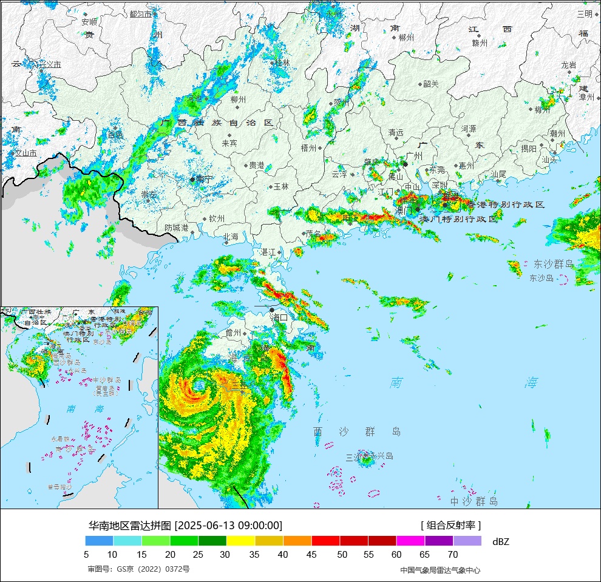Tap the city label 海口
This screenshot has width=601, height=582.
(x=279, y=317)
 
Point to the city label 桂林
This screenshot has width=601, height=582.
(x=282, y=63)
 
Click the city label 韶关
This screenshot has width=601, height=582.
(x=430, y=84)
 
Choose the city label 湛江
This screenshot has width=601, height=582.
(x=268, y=252)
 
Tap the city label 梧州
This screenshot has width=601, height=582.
(x=308, y=147)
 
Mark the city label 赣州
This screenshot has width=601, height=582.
(x=480, y=42)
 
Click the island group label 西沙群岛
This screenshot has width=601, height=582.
(x=357, y=431)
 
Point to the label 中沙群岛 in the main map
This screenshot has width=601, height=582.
(x=474, y=501)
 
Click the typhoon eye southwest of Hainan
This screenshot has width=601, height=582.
(x=198, y=385)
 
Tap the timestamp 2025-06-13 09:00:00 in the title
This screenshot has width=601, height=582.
(x=228, y=526)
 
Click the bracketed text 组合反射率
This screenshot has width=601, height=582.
(x=450, y=526)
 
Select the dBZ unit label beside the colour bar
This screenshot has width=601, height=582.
(x=501, y=541)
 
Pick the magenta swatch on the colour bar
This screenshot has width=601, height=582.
(x=410, y=541)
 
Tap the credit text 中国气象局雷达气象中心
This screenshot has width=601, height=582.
(x=440, y=570)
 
